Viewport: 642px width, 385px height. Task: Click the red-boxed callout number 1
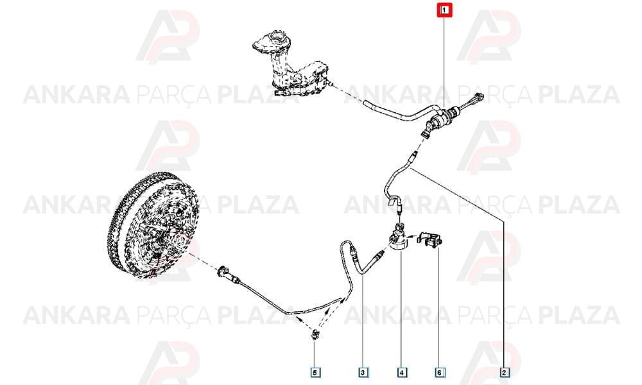tap(445, 10)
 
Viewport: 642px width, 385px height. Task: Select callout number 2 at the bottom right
tap(505, 372)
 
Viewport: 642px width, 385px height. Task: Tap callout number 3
tap(363, 372)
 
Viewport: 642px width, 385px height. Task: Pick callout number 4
tap(402, 372)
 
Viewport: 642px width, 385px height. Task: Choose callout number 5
tap(315, 372)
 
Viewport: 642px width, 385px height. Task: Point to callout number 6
tap(439, 372)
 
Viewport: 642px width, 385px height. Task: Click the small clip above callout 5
tap(315, 334)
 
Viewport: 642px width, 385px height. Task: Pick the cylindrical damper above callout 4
tap(398, 239)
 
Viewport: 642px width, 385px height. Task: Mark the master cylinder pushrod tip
tap(479, 98)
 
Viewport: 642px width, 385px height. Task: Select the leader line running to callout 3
tap(363, 321)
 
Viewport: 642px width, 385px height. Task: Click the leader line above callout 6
tap(439, 307)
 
